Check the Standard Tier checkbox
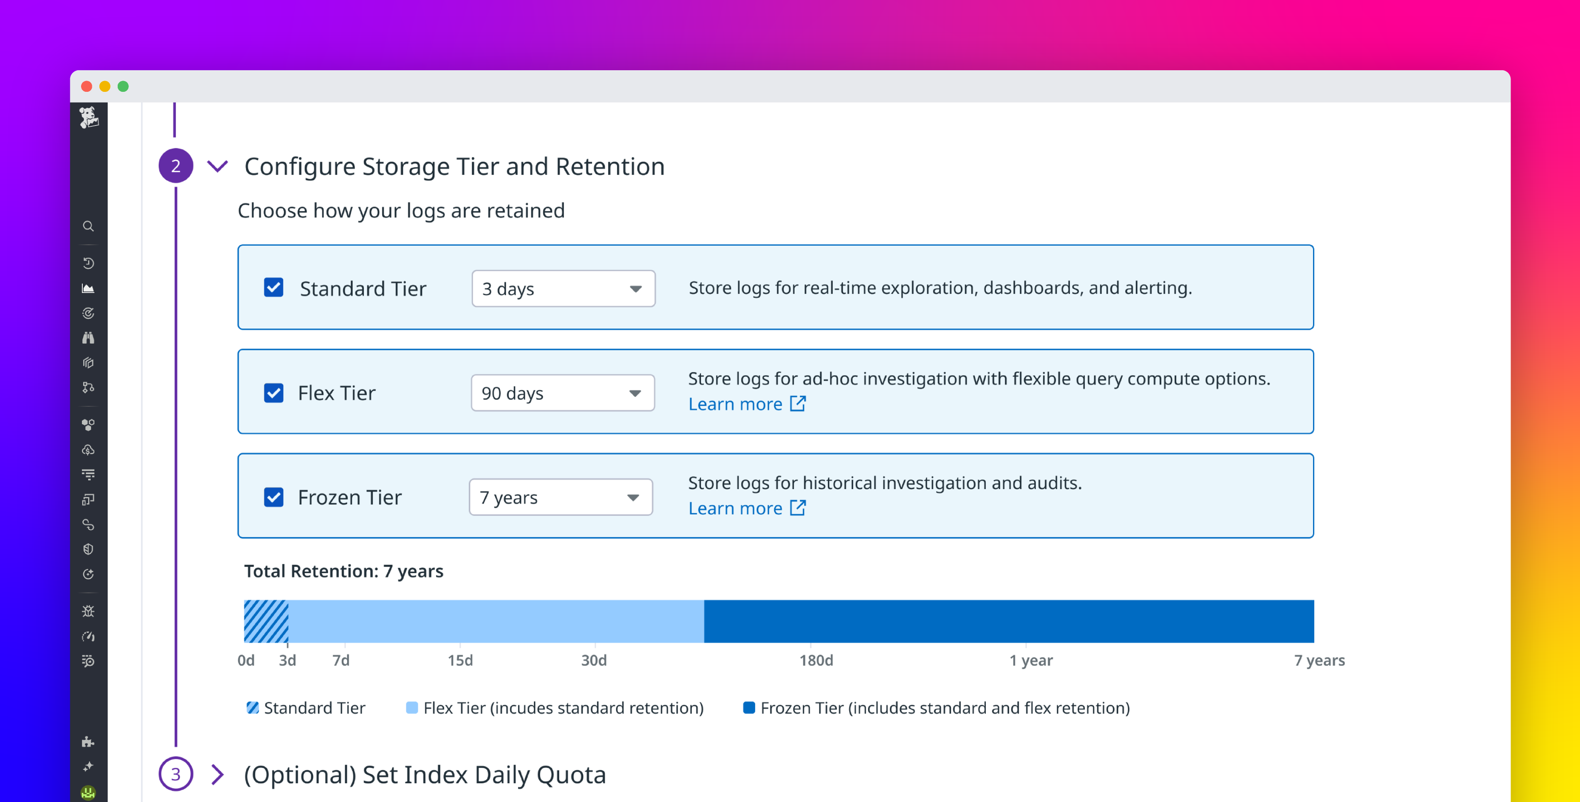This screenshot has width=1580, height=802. [274, 288]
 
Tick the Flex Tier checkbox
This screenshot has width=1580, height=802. [274, 392]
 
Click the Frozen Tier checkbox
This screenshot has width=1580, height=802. [274, 497]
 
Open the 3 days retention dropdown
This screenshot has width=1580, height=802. [563, 288]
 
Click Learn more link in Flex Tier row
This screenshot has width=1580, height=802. [746, 404]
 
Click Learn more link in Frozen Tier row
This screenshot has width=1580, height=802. [746, 508]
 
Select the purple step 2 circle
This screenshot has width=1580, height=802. [175, 165]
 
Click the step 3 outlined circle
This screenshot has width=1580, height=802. [175, 774]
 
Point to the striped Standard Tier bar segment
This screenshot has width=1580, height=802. [266, 621]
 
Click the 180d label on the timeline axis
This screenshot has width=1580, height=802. [816, 660]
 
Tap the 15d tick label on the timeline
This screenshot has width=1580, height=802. [460, 660]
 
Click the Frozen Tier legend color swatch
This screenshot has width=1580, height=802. [749, 708]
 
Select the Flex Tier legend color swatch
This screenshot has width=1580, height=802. [412, 708]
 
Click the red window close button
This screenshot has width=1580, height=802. [86, 86]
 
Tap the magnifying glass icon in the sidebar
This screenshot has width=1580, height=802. [88, 226]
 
